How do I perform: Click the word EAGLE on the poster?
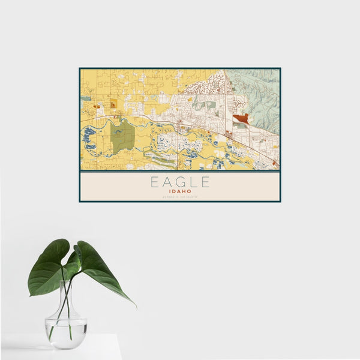tap(180, 181)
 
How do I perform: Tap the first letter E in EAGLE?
tap(154, 181)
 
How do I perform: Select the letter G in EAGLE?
tap(180, 181)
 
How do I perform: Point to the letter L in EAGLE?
tap(193, 181)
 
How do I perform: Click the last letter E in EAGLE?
tap(206, 181)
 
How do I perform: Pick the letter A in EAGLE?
tap(167, 181)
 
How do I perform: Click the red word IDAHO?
tap(180, 192)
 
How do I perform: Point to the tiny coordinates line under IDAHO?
tap(180, 198)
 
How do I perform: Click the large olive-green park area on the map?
tap(123, 137)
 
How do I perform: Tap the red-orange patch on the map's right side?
tap(241, 119)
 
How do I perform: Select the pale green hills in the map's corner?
tap(261, 90)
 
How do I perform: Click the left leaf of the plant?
tap(48, 266)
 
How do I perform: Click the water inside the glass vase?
tap(66, 333)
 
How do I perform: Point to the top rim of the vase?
tap(66, 282)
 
